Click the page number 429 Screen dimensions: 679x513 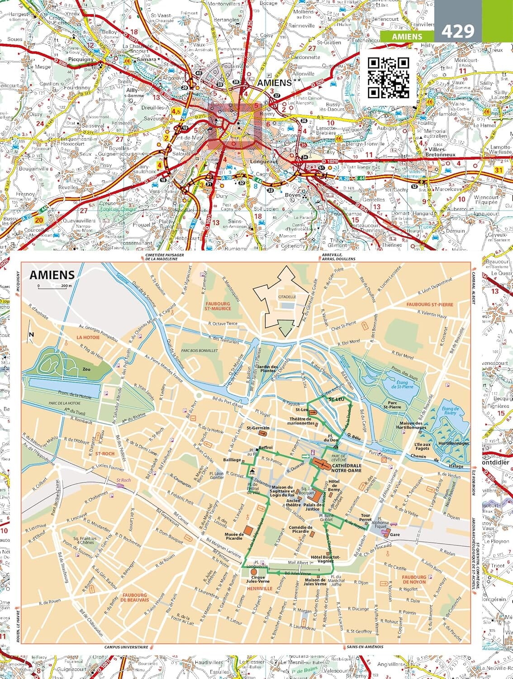(457, 31)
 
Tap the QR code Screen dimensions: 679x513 (388, 77)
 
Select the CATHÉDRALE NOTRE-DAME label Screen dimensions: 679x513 (347, 468)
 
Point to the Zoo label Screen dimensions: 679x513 (86, 369)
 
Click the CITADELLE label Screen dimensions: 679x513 (287, 297)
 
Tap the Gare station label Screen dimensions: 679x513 (395, 534)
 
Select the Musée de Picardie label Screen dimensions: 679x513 (234, 537)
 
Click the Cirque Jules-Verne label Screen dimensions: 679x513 (258, 579)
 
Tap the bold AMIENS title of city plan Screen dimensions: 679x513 (52, 275)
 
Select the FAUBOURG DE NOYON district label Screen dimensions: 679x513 (414, 579)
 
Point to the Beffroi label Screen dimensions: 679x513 (266, 447)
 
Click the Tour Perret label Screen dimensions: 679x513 (365, 518)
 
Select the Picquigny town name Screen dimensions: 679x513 (81, 59)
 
